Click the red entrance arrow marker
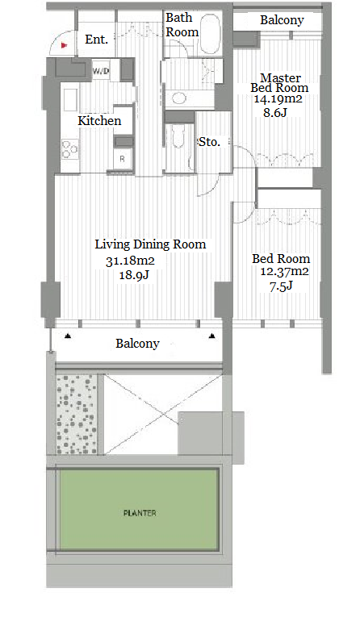tap(64, 45)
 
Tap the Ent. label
tap(96, 40)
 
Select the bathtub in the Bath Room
tap(209, 35)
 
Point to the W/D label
tap(101, 72)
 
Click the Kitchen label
tap(99, 120)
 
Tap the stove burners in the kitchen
tap(70, 149)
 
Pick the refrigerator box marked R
tap(122, 158)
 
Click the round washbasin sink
tap(178, 98)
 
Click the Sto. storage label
tap(209, 142)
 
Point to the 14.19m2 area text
tap(278, 98)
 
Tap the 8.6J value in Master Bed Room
tap(275, 113)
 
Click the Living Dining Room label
tap(150, 244)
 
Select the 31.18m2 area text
tap(130, 261)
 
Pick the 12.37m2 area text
tap(284, 272)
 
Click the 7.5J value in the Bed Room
tap(281, 286)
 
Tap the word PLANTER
tap(140, 513)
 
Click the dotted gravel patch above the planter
tap(77, 414)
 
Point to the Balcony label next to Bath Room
tap(282, 20)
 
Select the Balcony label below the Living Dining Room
tap(137, 344)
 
